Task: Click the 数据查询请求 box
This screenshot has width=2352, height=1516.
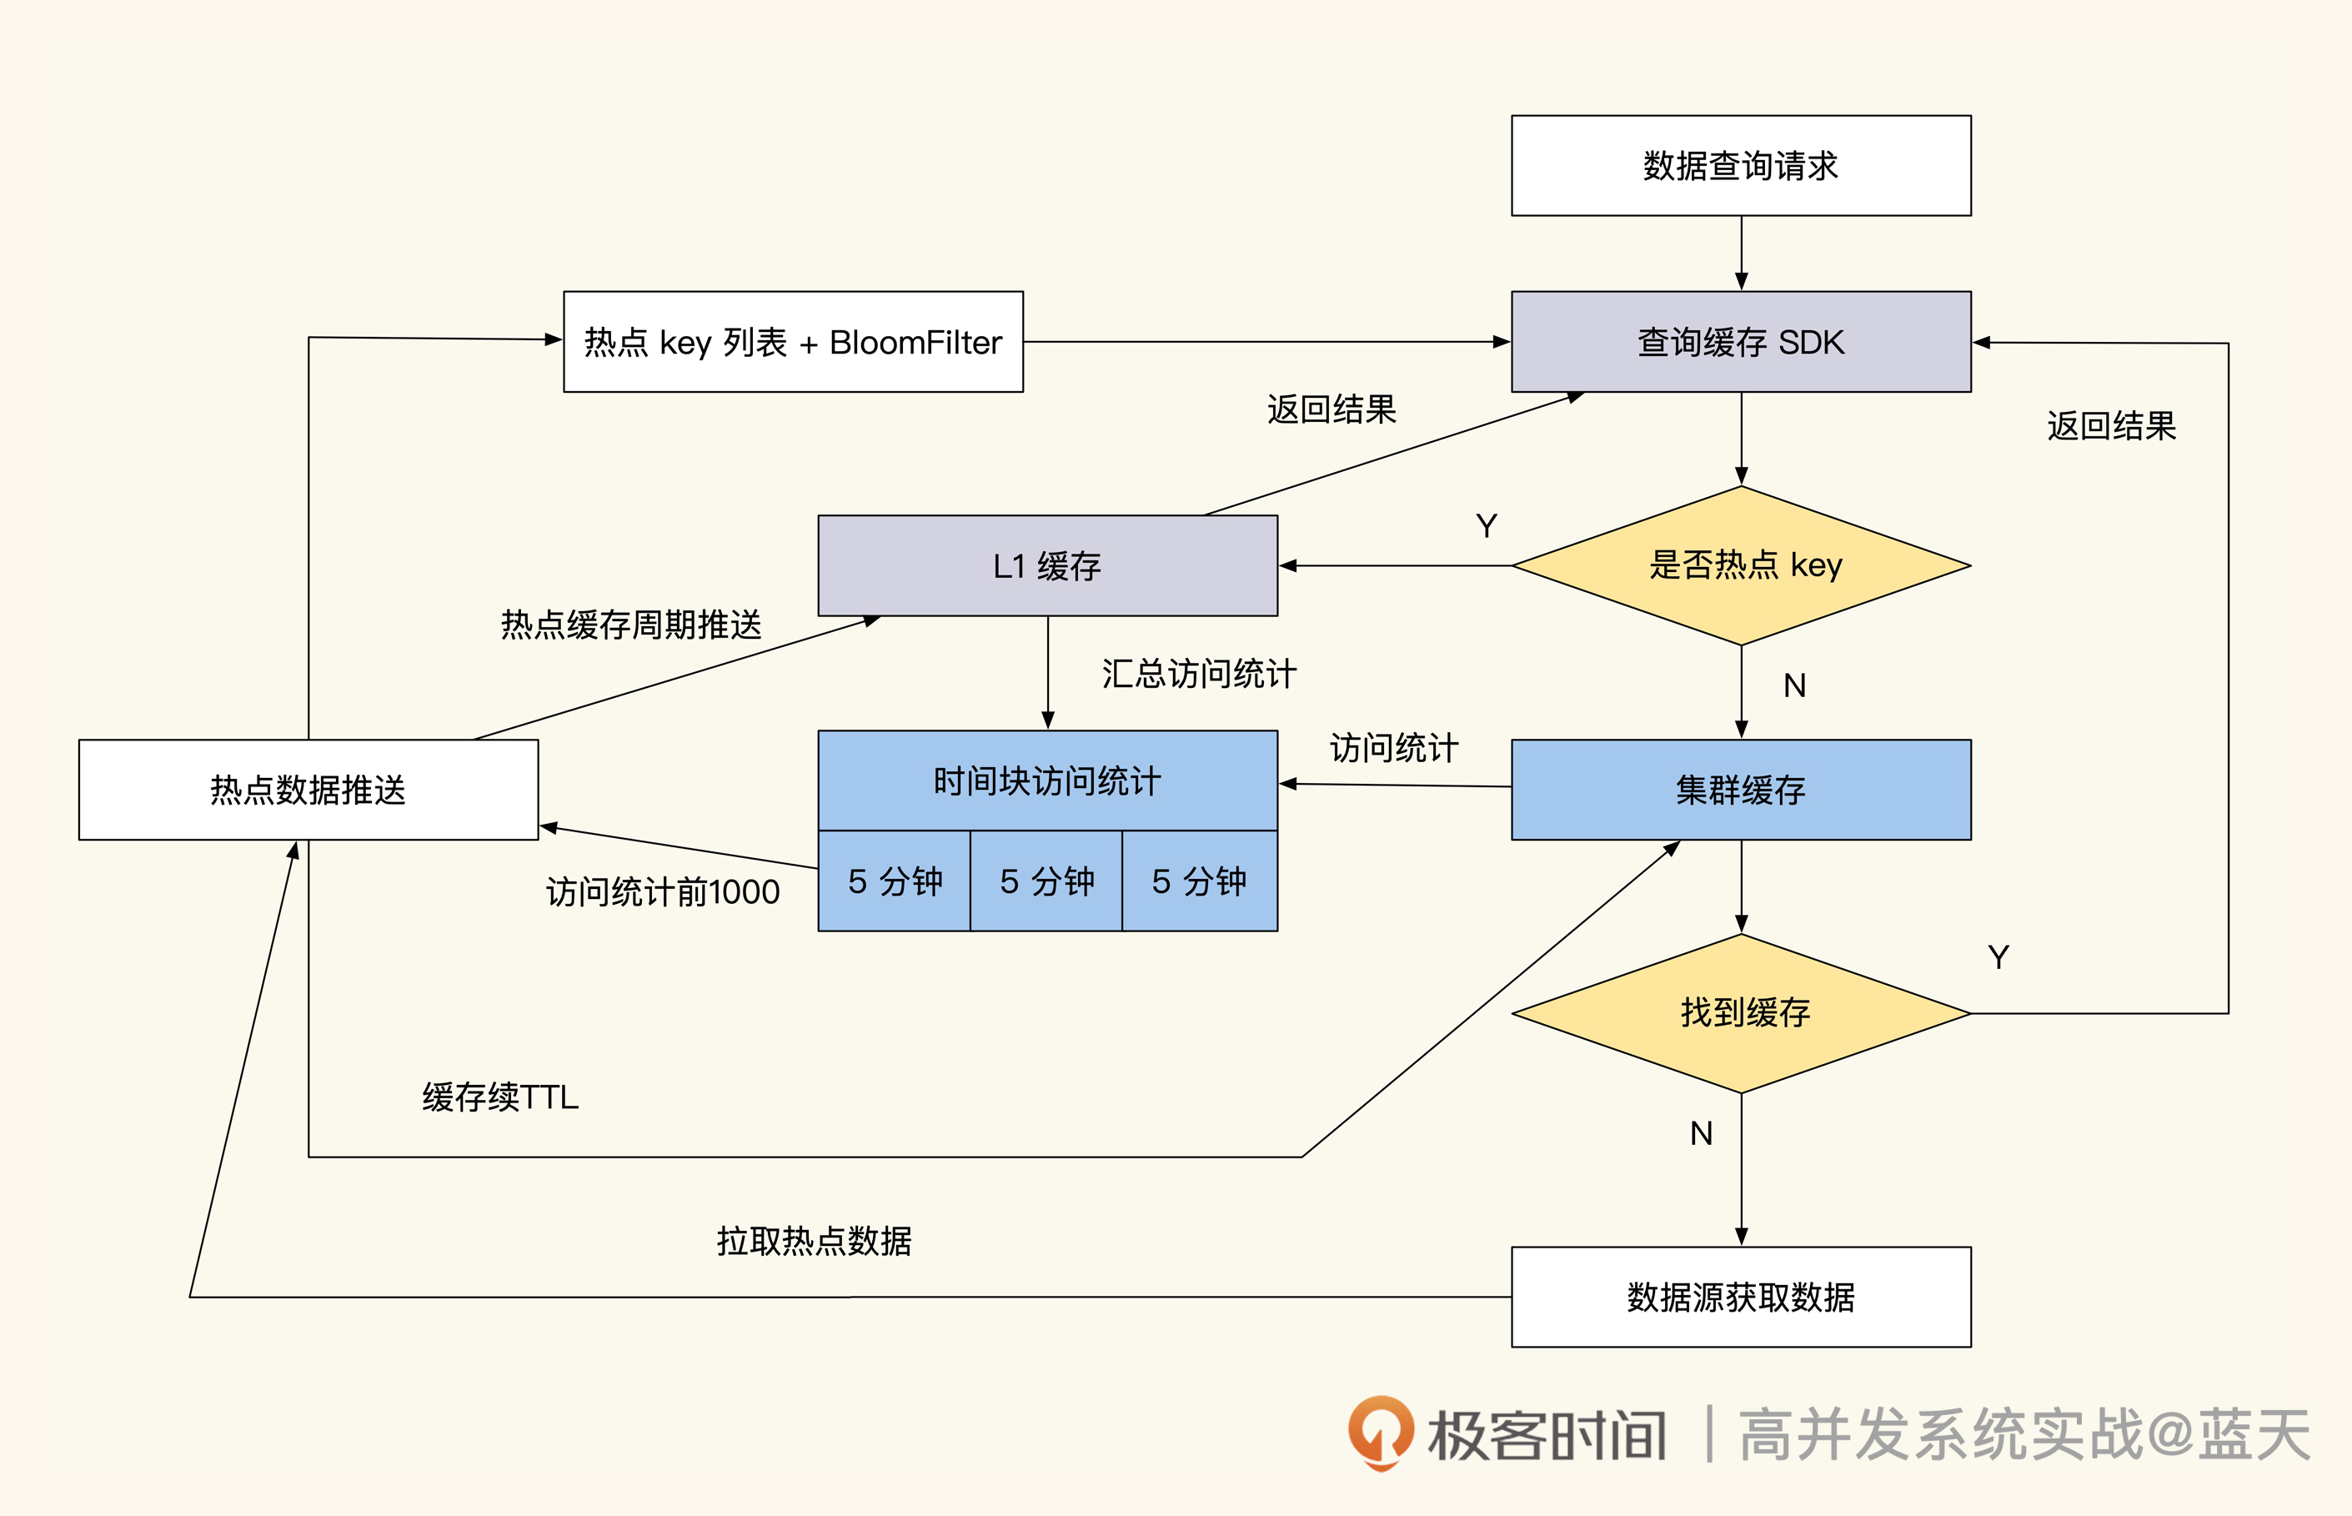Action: click(x=1740, y=165)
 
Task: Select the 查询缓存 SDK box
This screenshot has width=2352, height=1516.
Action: click(x=1740, y=342)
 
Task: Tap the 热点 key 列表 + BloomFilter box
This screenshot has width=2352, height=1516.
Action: click(x=792, y=342)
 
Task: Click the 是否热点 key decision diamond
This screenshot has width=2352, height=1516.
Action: click(x=1740, y=565)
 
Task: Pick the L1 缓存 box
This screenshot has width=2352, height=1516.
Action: click(x=1047, y=566)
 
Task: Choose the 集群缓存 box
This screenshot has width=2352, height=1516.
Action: click(x=1740, y=790)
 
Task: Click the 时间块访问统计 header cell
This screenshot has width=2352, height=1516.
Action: click(x=1047, y=781)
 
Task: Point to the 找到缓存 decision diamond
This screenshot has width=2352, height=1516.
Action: click(x=1740, y=1013)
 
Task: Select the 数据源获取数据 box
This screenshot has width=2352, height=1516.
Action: click(x=1740, y=1297)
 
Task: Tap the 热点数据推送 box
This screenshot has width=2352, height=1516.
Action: click(x=308, y=790)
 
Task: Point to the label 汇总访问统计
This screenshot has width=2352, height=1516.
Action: click(x=1199, y=675)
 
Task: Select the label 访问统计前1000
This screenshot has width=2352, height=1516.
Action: click(x=662, y=892)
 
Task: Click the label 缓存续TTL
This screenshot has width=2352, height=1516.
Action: click(x=500, y=1097)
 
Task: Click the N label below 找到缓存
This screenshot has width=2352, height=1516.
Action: click(x=1701, y=1134)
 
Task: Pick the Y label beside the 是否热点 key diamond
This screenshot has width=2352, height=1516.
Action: click(x=1486, y=527)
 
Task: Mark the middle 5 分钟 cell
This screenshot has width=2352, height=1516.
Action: click(x=1046, y=881)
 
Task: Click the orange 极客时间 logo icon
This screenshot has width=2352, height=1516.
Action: click(x=1380, y=1433)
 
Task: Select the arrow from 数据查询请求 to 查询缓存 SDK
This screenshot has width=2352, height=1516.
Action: click(x=1741, y=253)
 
